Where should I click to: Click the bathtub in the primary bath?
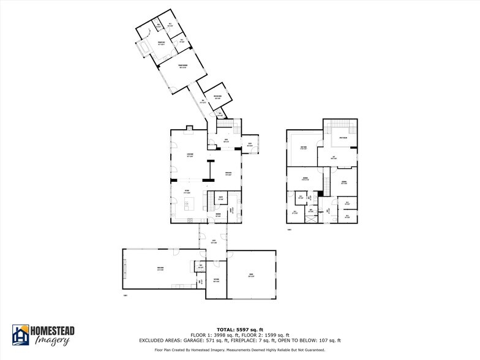click(146, 48)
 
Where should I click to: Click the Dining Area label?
click(228, 174)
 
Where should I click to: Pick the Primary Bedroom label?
click(182, 66)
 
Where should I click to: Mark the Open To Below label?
click(343, 138)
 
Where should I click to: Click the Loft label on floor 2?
click(333, 157)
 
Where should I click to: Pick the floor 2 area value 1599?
click(276, 335)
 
